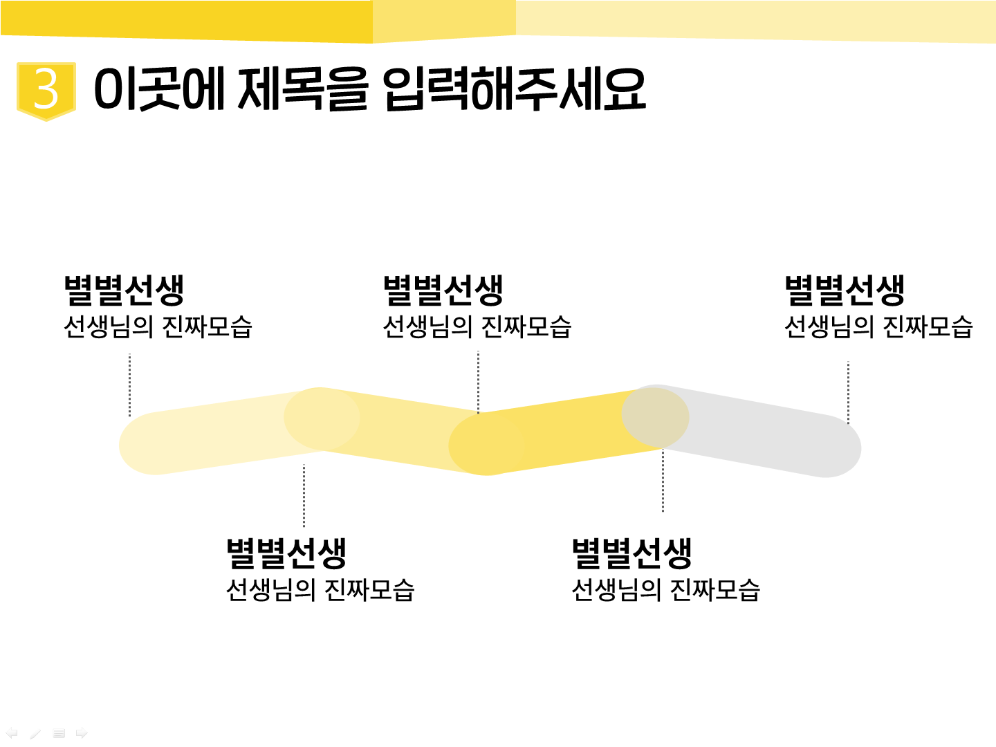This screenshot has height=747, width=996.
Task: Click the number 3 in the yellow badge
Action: [x=46, y=89]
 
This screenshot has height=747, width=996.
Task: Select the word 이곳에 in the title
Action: [x=159, y=89]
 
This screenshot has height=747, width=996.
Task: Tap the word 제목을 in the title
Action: [x=302, y=89]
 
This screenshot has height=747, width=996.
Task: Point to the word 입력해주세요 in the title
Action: [x=515, y=89]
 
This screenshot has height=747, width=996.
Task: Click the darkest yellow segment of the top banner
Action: [x=186, y=21]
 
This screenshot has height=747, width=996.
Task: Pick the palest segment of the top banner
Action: [x=755, y=21]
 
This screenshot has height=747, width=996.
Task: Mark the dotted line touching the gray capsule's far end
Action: [x=848, y=392]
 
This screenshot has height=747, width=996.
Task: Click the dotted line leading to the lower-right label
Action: [x=663, y=480]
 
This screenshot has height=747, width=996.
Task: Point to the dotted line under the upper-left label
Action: [x=130, y=385]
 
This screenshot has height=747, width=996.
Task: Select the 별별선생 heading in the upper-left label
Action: [x=124, y=290]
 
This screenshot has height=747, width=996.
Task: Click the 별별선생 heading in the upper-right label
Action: [x=845, y=290]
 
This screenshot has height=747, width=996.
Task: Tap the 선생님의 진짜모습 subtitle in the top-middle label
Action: [x=477, y=327]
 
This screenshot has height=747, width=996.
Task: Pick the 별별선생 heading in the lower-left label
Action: [x=286, y=553]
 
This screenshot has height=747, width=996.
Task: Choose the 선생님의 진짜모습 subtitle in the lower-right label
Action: [x=665, y=590]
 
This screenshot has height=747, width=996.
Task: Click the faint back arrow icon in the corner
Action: [x=11, y=732]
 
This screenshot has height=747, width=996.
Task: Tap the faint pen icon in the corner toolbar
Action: [x=35, y=733]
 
